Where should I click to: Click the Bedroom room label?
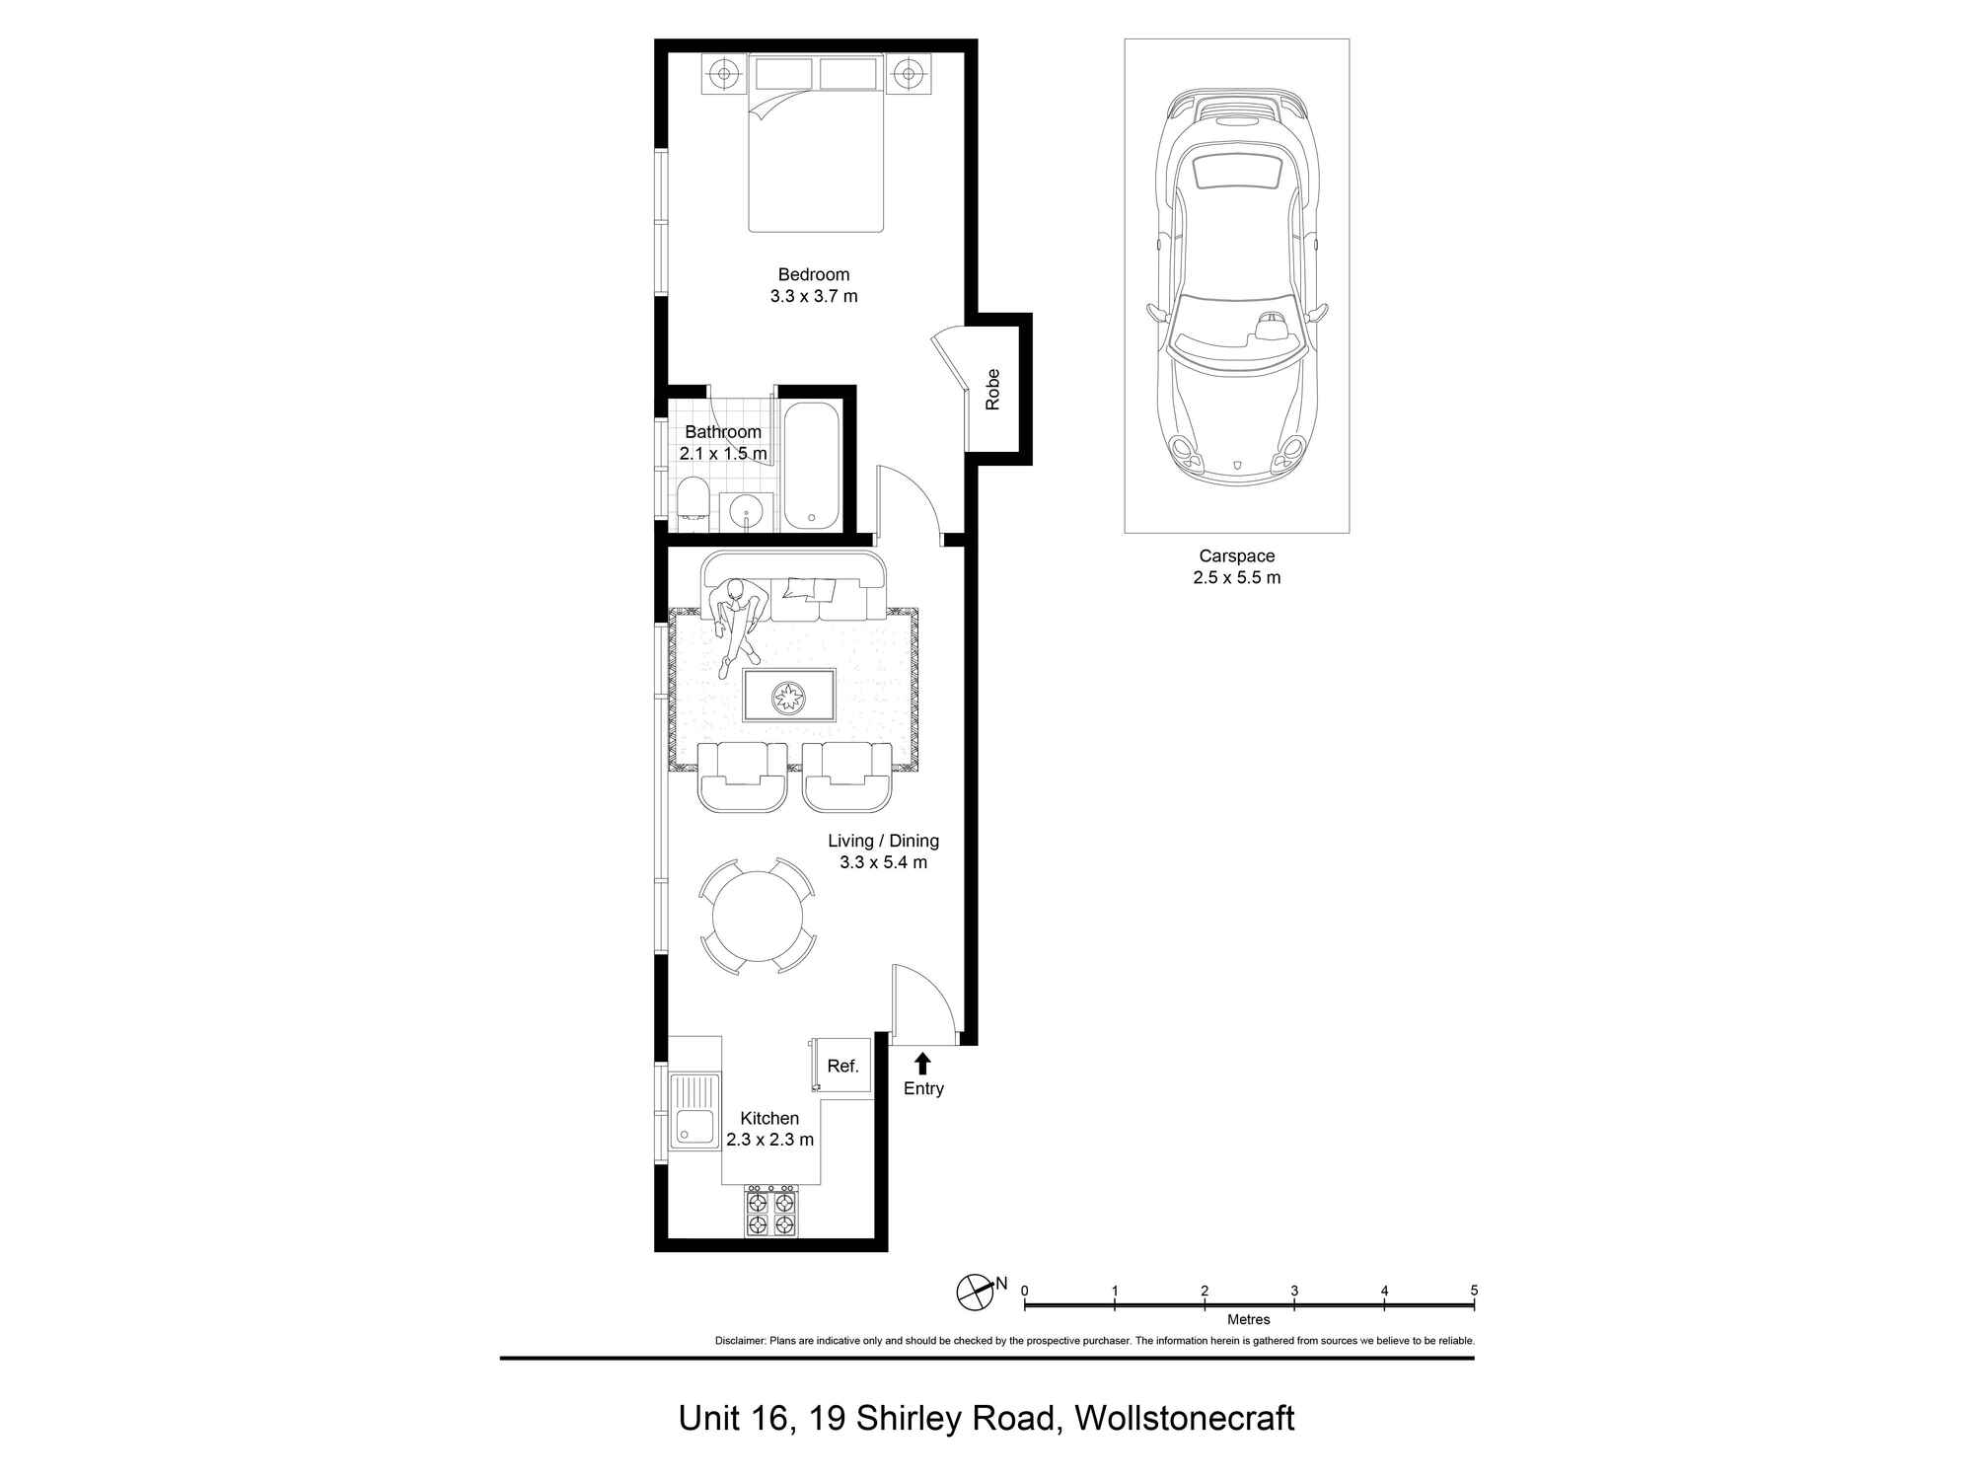coord(813,275)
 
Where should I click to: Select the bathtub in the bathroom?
coord(812,466)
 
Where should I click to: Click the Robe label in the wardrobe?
coord(992,389)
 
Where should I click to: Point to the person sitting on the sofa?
coord(738,620)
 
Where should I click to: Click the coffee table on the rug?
coord(789,697)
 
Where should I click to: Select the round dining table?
coord(758,917)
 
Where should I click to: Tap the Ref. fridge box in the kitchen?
coord(842,1067)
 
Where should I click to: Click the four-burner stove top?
coord(770,1214)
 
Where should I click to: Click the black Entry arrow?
coord(922,1063)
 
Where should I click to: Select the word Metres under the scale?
coord(1249,1319)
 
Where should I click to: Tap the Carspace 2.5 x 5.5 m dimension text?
coord(1236,578)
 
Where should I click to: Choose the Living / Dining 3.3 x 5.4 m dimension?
coord(883,862)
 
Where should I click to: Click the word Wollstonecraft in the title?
coord(1184,1419)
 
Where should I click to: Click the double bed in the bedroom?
coord(815,148)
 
